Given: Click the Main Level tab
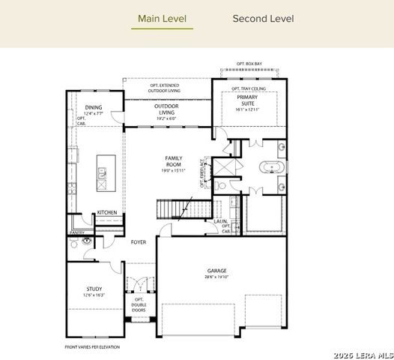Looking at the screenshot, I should [162, 19].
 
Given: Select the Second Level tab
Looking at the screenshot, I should [263, 19].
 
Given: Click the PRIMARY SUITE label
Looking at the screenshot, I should [247, 100].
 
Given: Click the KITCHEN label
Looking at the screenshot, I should [106, 213].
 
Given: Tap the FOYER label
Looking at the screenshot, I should [139, 242].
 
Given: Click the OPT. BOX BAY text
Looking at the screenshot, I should [249, 64].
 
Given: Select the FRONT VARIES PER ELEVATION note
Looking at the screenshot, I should [93, 346].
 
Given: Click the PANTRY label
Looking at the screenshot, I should [77, 232].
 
